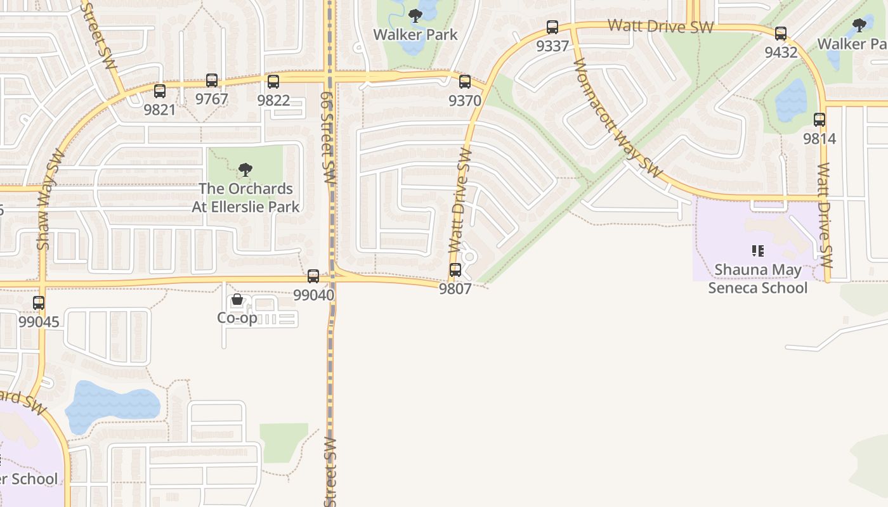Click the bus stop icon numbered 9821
click(160, 91)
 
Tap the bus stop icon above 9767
click(212, 80)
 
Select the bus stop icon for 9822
click(273, 82)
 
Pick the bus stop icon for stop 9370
click(465, 82)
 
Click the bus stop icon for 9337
click(552, 27)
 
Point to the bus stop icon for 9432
click(781, 34)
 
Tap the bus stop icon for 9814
click(819, 120)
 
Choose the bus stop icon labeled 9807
click(455, 270)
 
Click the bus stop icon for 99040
click(313, 276)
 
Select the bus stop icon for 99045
click(39, 303)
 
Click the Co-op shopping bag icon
click(237, 299)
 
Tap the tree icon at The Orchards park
click(245, 170)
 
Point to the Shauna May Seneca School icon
click(757, 251)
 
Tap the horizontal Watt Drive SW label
click(660, 27)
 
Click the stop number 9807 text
click(455, 289)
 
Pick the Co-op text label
click(237, 318)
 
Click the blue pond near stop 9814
click(790, 101)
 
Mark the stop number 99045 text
click(39, 322)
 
